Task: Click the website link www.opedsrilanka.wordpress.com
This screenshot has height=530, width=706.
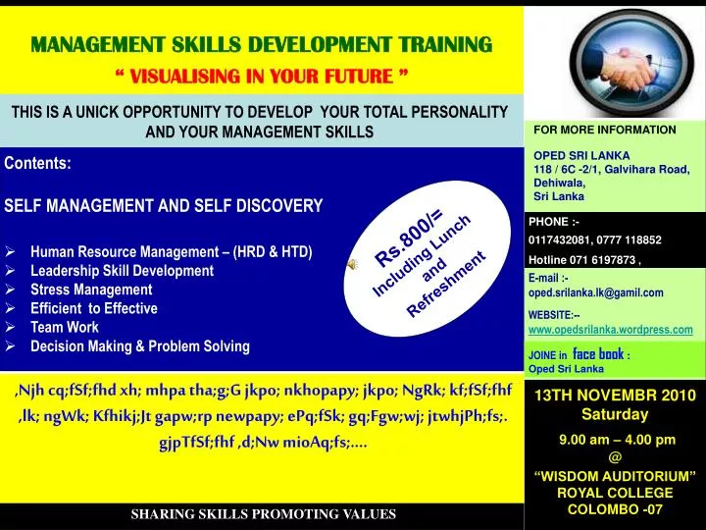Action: pyautogui.click(x=610, y=330)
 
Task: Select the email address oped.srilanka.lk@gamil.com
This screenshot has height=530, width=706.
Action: pyautogui.click(x=595, y=292)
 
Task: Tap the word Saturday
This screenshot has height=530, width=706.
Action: pyautogui.click(x=615, y=414)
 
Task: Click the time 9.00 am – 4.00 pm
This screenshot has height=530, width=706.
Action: pyautogui.click(x=615, y=439)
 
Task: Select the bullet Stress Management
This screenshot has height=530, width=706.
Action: pyautogui.click(x=91, y=290)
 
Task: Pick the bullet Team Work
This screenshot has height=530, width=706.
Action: pyautogui.click(x=65, y=327)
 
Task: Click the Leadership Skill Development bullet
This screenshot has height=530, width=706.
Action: pyautogui.click(x=122, y=271)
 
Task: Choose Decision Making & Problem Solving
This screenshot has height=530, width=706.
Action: pyautogui.click(x=140, y=345)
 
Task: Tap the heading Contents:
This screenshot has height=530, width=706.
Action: pyautogui.click(x=37, y=164)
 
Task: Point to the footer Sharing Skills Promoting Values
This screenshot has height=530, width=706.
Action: pyautogui.click(x=263, y=514)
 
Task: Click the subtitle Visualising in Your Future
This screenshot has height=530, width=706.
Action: pyautogui.click(x=262, y=75)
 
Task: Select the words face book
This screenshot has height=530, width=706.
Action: pyautogui.click(x=598, y=353)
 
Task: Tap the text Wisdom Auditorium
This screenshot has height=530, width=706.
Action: pyautogui.click(x=615, y=476)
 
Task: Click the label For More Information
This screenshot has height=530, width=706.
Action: pyautogui.click(x=604, y=130)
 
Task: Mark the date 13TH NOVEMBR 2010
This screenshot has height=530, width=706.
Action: pyautogui.click(x=615, y=396)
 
